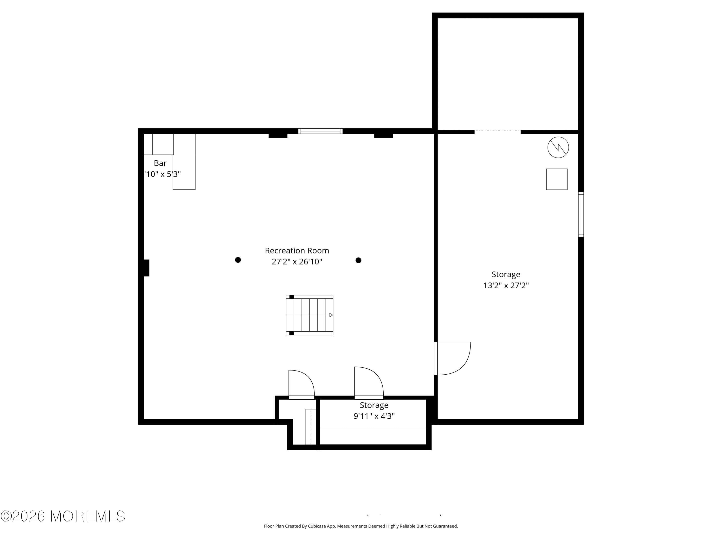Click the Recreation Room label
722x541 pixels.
297,251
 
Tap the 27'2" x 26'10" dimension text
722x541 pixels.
297,262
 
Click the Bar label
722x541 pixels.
160,163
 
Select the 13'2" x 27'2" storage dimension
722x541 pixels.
506,285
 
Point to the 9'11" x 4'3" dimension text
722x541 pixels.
374,416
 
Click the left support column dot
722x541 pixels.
238,260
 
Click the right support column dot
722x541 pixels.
358,260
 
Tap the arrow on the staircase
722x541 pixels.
330,315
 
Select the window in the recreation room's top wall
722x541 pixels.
320,131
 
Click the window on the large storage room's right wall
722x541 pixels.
581,214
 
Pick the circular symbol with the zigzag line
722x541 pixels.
558,147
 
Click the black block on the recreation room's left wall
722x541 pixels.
146,268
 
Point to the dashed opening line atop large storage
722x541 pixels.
497,130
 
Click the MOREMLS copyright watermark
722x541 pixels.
63,516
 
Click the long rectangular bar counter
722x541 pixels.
184,162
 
